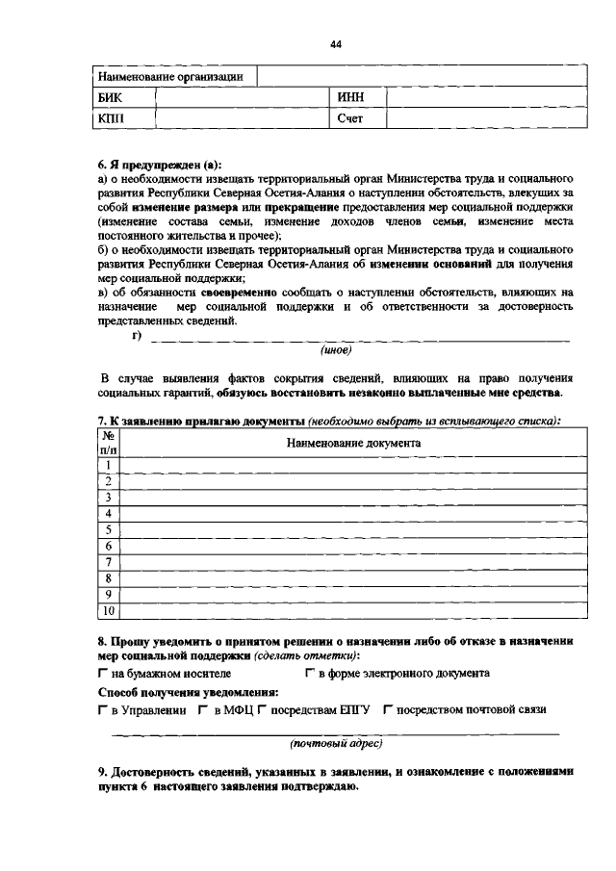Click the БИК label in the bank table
(111, 97)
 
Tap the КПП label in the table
(112, 118)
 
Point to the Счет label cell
(350, 118)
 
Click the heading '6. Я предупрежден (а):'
(159, 166)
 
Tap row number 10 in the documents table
(109, 610)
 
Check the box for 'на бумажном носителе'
(103, 674)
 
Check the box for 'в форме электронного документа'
(310, 674)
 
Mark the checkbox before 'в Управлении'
(103, 710)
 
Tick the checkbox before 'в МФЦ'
(205, 710)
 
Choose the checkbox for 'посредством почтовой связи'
(387, 710)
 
